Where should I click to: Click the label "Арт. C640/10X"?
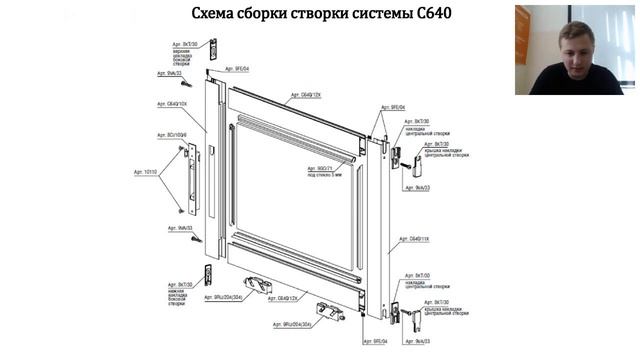tap(172, 103)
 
